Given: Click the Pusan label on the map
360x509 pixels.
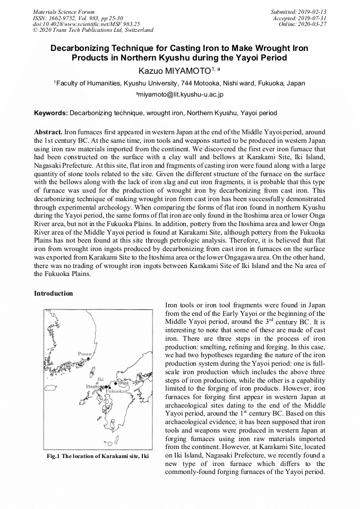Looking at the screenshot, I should pos(85,353).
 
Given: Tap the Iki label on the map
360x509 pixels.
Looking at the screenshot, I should pos(100,379).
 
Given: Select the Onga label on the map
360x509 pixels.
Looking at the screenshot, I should pos(123,383).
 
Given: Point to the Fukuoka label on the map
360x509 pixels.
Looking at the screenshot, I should pos(116,391).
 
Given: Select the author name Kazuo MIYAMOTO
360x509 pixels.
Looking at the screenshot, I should pos(176,70).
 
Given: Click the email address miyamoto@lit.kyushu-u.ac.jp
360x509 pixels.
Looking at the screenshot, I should pos(179,94).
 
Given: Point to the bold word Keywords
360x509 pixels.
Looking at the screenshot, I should pos(50,113).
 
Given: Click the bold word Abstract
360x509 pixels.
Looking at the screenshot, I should pos(48,131).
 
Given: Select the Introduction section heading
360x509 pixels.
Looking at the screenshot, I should pos(54,294).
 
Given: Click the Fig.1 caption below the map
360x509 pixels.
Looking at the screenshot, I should pos(97,456).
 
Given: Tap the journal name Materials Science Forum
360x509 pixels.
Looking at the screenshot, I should pos(64,11).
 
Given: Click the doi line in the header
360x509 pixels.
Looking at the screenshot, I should pos(86,24).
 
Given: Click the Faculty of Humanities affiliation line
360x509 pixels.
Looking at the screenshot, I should pos(179,83).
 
